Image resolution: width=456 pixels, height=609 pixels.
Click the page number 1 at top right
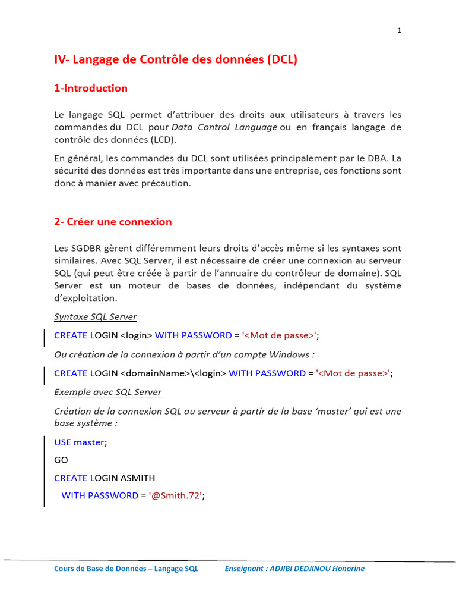tap(399, 32)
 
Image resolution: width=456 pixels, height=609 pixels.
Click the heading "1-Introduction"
tap(90, 88)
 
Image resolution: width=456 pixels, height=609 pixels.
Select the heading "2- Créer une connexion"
tap(113, 222)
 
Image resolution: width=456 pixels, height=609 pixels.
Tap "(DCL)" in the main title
tap(282, 59)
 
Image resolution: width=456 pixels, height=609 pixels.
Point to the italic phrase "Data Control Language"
tap(224, 127)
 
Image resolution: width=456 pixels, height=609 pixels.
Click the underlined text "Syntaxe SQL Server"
tap(95, 316)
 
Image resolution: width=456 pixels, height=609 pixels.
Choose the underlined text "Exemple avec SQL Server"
tap(107, 392)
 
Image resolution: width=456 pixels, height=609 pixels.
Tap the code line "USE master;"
tap(81, 442)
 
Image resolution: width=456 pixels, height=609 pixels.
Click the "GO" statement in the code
tap(61, 460)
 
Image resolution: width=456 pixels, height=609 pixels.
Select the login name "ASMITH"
tap(138, 478)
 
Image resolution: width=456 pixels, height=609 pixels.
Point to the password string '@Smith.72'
tap(176, 495)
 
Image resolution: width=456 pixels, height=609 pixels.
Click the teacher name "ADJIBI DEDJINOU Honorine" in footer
tap(317, 569)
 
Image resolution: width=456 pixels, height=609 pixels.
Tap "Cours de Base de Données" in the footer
tap(99, 569)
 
